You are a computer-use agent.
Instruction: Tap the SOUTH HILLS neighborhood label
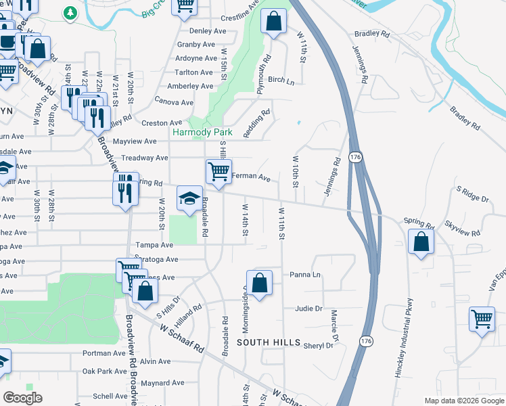[x=268, y=343]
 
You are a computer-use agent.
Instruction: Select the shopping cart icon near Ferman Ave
[x=218, y=172]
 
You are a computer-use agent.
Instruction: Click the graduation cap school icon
[x=190, y=198]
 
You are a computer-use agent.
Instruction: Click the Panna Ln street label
[x=304, y=275]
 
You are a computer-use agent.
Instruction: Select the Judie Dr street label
[x=308, y=309]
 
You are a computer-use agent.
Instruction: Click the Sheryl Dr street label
[x=319, y=345]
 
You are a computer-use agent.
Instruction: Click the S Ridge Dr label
[x=472, y=197]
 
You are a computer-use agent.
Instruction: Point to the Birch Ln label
[x=281, y=81]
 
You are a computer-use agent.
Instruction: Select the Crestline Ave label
[x=240, y=16]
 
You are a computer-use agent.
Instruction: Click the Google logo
[x=22, y=398]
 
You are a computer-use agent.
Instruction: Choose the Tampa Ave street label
[x=150, y=245]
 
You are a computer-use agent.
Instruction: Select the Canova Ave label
[x=175, y=102]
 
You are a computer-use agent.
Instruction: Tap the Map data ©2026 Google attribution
[x=463, y=401]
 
